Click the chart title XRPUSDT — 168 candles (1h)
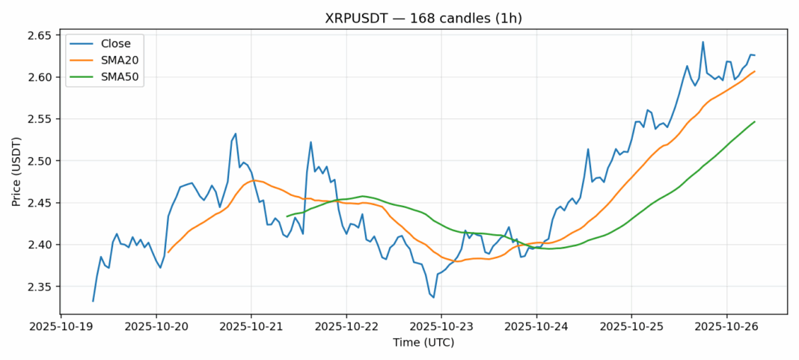tap(423, 17)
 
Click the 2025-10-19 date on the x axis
tap(61, 326)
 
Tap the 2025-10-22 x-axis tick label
tap(346, 326)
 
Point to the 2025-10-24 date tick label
tap(536, 326)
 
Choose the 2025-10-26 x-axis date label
tap(726, 326)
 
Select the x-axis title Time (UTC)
tap(423, 343)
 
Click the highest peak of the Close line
tap(703, 42)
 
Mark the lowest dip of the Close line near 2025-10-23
tap(433, 297)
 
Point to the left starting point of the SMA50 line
tap(287, 216)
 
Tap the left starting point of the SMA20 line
tap(168, 252)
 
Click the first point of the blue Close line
tap(93, 301)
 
